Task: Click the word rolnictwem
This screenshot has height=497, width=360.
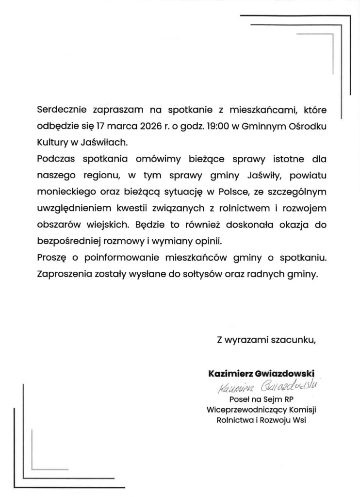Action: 244,208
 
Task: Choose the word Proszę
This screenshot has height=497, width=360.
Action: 52,257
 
